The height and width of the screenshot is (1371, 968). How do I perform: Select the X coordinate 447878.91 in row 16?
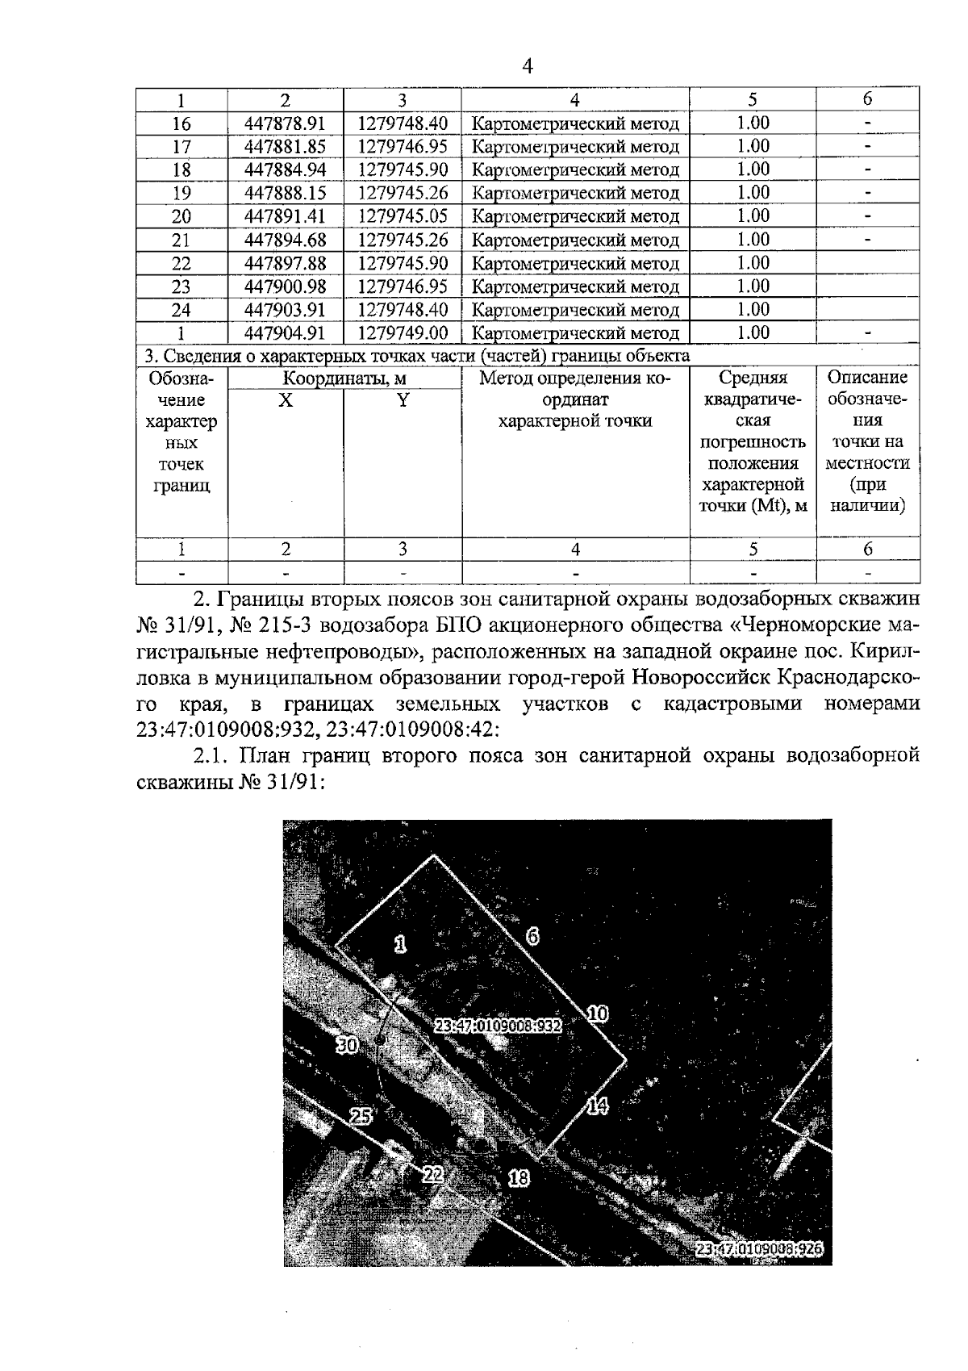285,123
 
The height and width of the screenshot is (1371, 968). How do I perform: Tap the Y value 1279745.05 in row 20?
403,215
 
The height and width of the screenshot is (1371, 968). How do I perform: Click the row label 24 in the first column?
181,310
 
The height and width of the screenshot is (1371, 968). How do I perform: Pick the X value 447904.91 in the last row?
285,333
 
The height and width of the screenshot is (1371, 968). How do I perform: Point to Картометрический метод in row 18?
575,170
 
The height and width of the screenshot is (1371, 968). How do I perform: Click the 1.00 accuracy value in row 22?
753,263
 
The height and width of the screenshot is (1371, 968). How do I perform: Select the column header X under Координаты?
286,399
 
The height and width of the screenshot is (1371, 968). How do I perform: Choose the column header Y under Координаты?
403,399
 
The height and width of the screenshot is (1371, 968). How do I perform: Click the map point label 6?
533,937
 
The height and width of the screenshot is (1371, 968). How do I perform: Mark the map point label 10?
598,1014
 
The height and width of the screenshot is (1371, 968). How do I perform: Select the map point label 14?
596,1106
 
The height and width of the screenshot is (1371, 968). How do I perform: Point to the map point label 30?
347,1045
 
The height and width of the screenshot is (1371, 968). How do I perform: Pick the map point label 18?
518,1179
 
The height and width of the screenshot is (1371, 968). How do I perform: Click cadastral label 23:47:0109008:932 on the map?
498,1026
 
